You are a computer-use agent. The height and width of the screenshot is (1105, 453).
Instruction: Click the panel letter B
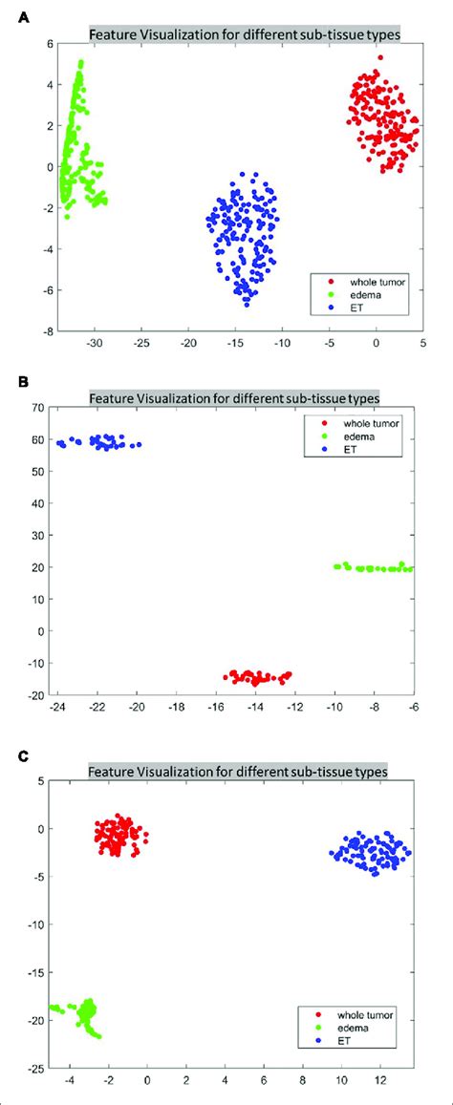12,380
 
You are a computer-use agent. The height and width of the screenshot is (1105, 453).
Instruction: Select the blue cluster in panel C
371,850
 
